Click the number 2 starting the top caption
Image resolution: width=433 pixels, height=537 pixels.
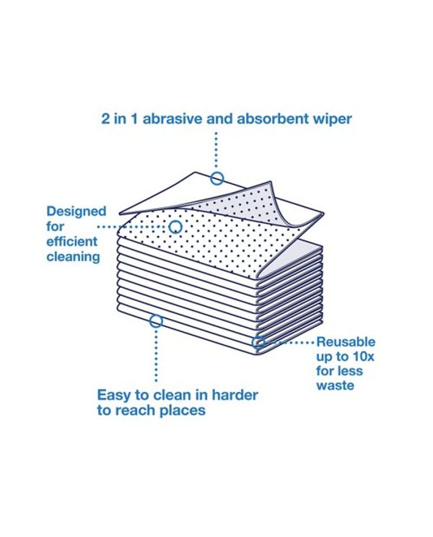tap(105, 119)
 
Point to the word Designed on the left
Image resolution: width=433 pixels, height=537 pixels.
tap(76, 212)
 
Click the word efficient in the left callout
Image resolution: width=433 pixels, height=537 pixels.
tap(72, 242)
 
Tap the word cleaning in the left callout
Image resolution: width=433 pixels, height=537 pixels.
tap(74, 257)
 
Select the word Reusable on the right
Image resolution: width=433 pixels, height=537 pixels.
tap(346, 342)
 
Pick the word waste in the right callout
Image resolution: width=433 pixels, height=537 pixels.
tap(335, 385)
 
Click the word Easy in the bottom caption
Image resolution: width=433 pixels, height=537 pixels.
tap(113, 396)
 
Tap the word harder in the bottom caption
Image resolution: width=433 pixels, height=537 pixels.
tap(235, 395)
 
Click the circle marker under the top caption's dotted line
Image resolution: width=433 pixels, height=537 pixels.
tap(217, 178)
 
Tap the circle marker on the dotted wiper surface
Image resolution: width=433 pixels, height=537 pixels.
tap(175, 227)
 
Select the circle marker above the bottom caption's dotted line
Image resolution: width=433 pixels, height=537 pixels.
tap(156, 321)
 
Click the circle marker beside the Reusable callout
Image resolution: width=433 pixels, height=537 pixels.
tap(259, 342)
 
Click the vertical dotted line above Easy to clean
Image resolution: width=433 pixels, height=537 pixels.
tap(156, 354)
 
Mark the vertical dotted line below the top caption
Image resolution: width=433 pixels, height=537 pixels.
tap(216, 152)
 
